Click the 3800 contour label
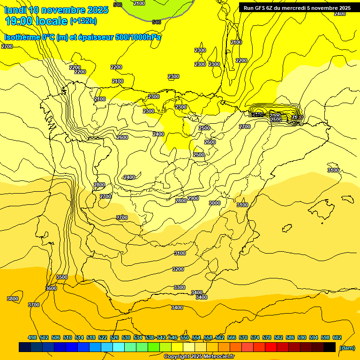click(x=13, y=299)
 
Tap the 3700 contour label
click(x=34, y=305)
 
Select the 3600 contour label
click(x=51, y=288)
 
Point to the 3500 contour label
click(x=62, y=277)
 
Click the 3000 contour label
click(x=215, y=203)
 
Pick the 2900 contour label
click(x=193, y=198)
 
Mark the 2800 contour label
click(x=181, y=201)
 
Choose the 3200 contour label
click(x=178, y=269)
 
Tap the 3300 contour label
click(x=180, y=287)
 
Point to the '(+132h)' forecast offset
click(x=83, y=21)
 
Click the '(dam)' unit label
click(x=347, y=347)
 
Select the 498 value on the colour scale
click(x=32, y=337)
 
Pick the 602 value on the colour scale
click(x=337, y=337)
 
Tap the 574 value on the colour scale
click(x=255, y=337)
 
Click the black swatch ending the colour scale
click(x=330, y=347)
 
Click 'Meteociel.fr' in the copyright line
click(x=218, y=357)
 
